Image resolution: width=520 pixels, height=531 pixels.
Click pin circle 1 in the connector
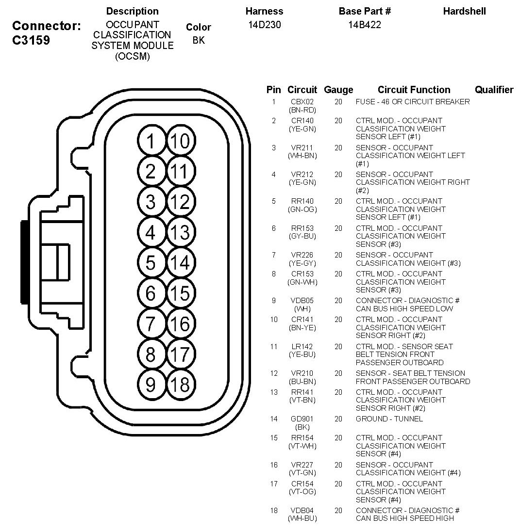click(151, 141)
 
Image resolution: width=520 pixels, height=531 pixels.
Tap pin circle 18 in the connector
click(180, 385)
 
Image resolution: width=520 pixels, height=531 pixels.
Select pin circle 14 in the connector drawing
click(180, 263)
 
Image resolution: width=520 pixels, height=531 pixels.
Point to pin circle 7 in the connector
click(151, 324)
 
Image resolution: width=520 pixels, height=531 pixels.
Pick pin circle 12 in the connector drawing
click(180, 202)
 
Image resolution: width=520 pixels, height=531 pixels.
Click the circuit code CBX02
click(302, 102)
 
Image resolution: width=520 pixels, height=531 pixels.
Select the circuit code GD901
click(302, 419)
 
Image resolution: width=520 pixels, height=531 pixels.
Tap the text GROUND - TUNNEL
click(389, 419)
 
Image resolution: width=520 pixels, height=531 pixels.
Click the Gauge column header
click(338, 90)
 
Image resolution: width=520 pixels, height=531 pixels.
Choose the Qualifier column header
click(494, 90)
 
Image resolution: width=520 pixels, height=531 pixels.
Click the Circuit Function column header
click(414, 90)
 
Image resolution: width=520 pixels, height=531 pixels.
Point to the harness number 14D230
click(264, 25)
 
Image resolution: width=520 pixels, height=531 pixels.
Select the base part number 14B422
click(364, 25)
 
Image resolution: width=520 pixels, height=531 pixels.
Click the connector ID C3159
click(31, 40)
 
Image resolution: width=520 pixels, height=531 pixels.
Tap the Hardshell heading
click(464, 11)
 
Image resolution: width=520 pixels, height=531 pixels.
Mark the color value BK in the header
click(199, 40)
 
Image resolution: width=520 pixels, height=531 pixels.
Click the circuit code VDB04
click(302, 511)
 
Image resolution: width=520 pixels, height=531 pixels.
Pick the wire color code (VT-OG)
click(302, 492)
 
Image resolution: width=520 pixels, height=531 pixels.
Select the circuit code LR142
click(302, 347)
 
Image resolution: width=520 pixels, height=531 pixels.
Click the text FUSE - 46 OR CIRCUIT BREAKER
click(413, 102)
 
